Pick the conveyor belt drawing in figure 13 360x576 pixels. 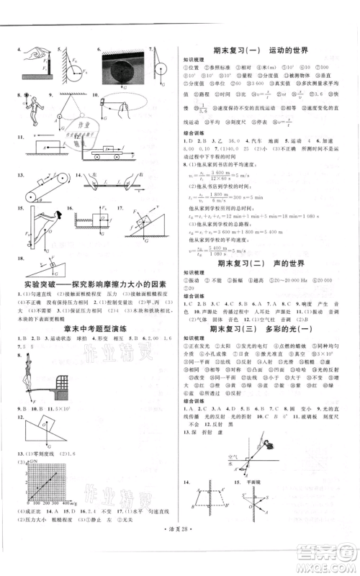[x=47, y=185]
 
